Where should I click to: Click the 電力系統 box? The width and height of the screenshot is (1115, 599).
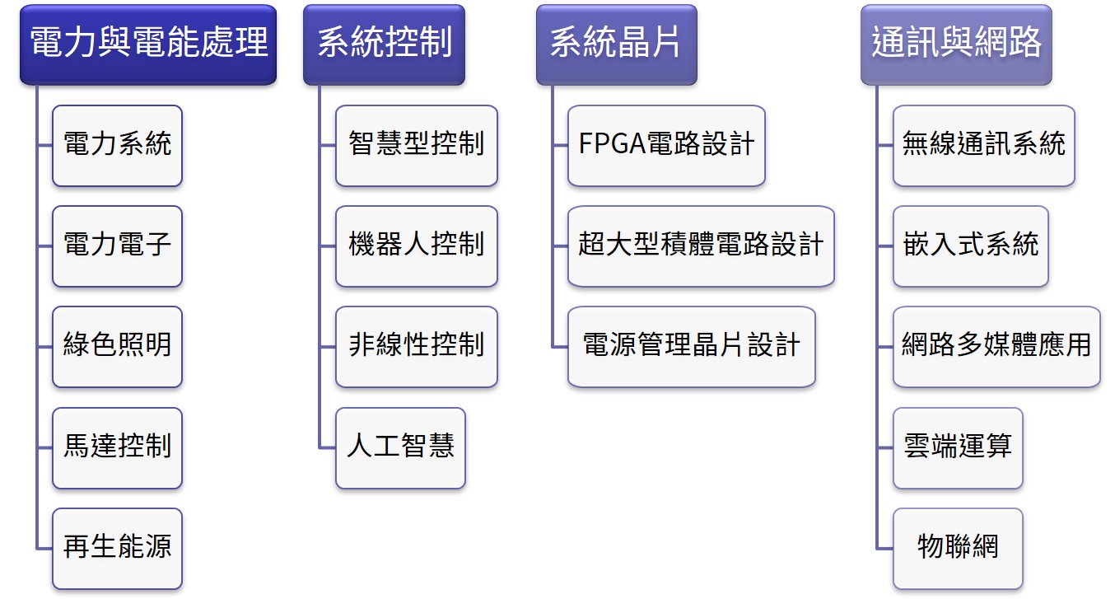(x=117, y=145)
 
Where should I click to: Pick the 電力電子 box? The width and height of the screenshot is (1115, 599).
(x=117, y=246)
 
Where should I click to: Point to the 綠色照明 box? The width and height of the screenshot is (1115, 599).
(x=117, y=346)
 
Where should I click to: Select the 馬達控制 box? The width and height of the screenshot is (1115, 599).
(x=117, y=447)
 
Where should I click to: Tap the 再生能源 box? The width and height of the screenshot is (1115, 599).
(x=117, y=548)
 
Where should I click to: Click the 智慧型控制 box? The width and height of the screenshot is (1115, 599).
(x=416, y=145)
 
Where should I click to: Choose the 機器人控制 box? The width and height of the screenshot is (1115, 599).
(x=416, y=246)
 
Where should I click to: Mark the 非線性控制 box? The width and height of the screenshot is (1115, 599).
(x=416, y=346)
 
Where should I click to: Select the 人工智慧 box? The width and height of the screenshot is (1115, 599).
(x=400, y=447)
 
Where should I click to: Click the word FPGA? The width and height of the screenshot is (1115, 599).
(x=611, y=145)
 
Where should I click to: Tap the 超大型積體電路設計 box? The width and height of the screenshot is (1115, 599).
(x=701, y=246)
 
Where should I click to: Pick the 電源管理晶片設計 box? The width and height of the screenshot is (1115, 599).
(x=691, y=346)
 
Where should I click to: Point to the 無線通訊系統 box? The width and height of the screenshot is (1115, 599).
(x=983, y=145)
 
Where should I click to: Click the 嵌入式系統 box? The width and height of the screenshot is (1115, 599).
(x=970, y=246)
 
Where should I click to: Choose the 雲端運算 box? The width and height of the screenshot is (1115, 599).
(x=957, y=447)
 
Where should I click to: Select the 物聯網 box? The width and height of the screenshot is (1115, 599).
(x=957, y=548)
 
